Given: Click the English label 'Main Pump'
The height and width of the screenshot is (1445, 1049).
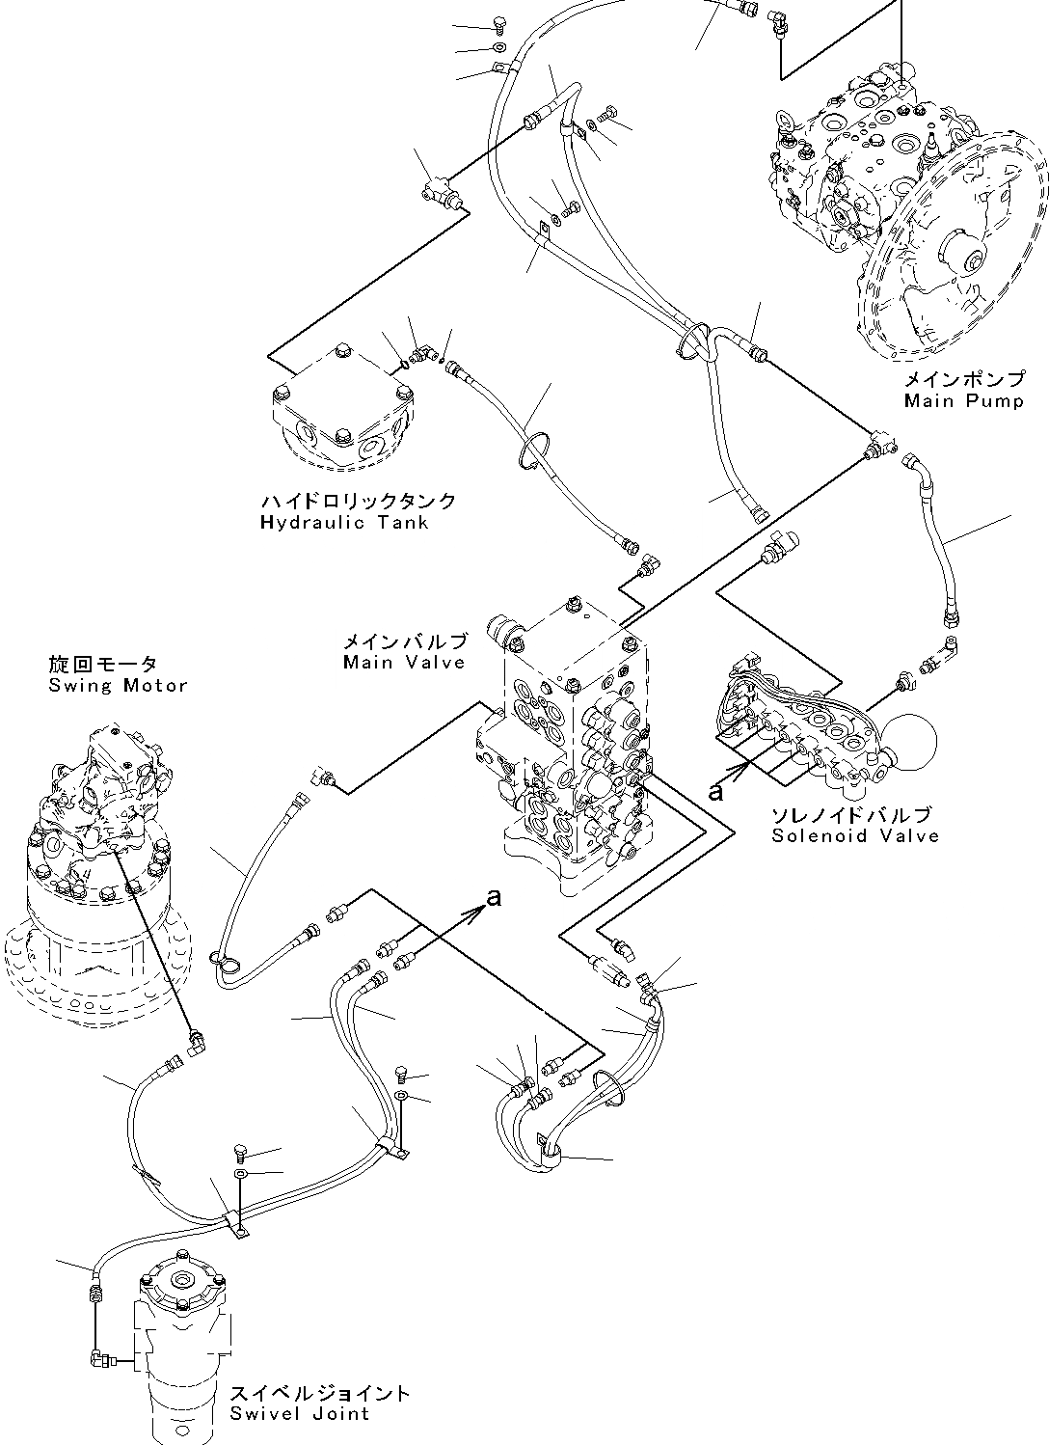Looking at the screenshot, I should (x=963, y=400).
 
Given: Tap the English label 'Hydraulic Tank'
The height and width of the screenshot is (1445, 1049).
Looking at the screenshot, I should (x=344, y=523).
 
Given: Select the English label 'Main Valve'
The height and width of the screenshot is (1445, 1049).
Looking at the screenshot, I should (x=404, y=663).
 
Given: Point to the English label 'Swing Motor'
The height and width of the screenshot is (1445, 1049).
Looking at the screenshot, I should (x=118, y=686).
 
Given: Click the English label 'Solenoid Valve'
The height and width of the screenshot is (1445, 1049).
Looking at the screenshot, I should (x=855, y=836).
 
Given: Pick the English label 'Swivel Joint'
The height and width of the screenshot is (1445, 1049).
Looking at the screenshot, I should (x=299, y=1414).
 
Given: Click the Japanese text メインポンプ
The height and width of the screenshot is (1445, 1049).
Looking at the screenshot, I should (x=963, y=380).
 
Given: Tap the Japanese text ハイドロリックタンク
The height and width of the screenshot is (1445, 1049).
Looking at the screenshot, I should (x=358, y=502).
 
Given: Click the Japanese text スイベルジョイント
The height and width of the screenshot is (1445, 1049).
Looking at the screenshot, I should (x=320, y=1394).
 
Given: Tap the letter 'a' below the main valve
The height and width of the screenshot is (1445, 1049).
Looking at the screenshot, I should (x=494, y=897).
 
